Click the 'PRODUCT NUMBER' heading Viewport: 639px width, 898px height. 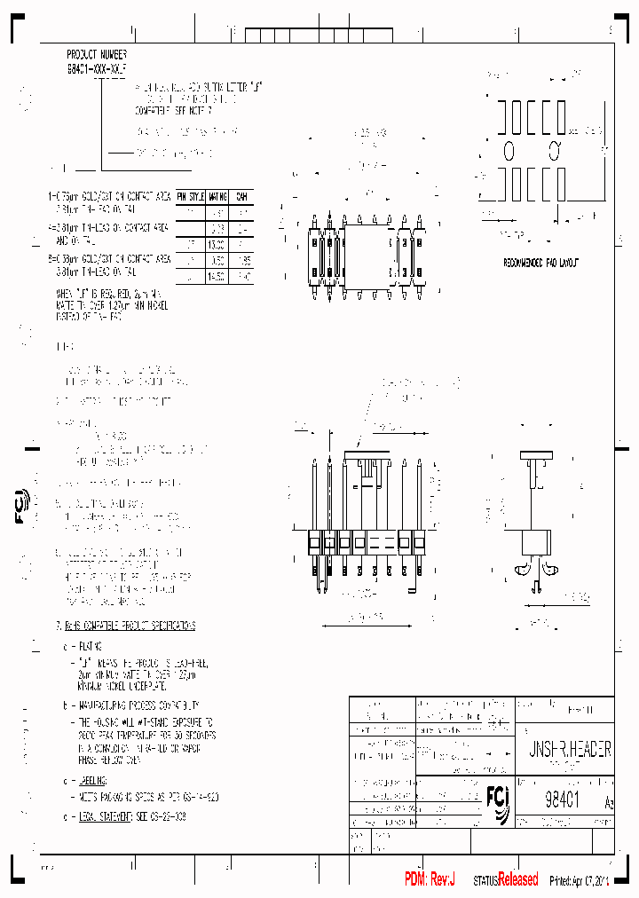tap(96, 54)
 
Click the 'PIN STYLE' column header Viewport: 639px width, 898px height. tap(191, 196)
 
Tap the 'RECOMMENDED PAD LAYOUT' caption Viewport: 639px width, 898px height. tap(540, 264)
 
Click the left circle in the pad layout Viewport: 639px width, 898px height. tap(509, 147)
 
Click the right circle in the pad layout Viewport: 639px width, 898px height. tap(554, 147)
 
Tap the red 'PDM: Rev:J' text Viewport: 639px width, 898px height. tap(430, 879)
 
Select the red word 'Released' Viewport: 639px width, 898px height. tap(517, 879)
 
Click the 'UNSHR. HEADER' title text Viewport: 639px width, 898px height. tap(564, 750)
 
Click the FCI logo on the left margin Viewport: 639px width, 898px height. tap(22, 505)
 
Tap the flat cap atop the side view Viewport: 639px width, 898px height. tap(536, 456)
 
